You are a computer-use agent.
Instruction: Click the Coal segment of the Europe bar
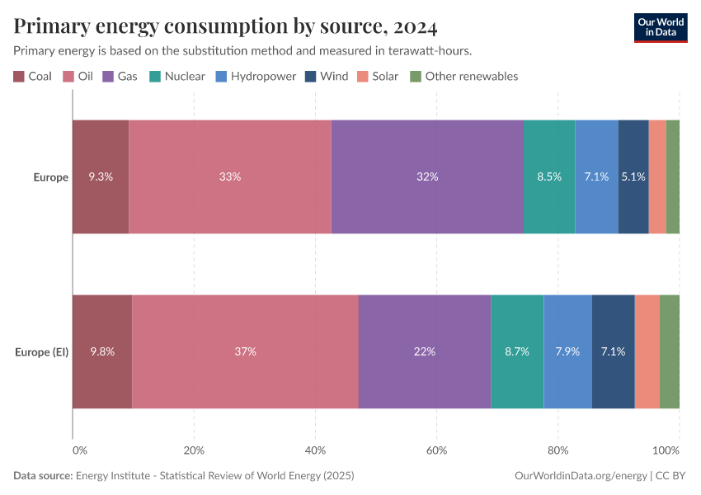pos(101,177)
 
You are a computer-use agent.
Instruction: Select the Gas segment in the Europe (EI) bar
pos(425,351)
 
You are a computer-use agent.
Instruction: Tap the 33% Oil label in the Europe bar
pos(230,177)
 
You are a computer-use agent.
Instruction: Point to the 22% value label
pos(425,351)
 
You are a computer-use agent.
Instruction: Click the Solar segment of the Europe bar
pos(657,177)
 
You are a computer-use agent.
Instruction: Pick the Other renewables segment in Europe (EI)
pos(670,351)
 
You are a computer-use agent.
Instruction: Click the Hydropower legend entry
pos(257,77)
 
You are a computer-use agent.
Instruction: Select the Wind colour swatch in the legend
pos(309,77)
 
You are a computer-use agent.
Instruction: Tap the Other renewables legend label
pos(471,77)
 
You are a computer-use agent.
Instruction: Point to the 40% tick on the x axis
pos(315,450)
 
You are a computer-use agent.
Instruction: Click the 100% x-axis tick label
pos(666,450)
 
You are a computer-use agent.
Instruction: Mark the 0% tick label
pos(79,450)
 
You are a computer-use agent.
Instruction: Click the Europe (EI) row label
pos(41,352)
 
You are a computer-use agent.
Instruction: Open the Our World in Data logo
pos(661,27)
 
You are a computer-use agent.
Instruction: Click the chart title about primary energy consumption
pos(225,27)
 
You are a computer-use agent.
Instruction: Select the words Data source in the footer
pos(43,476)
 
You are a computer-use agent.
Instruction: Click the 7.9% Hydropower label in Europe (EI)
pos(567,351)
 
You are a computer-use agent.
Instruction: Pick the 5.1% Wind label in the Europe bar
pos(633,177)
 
